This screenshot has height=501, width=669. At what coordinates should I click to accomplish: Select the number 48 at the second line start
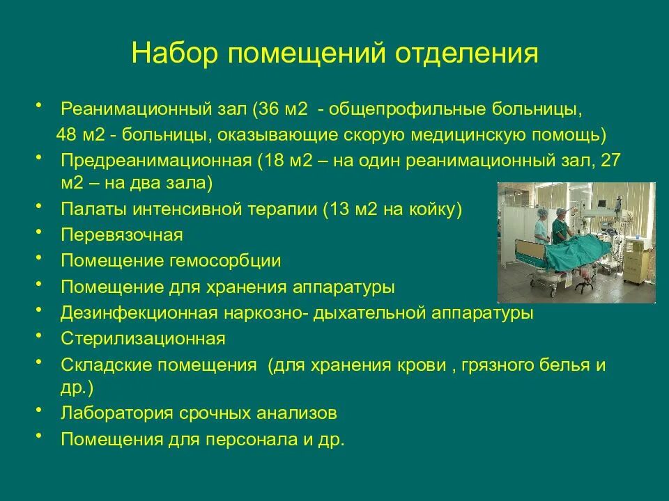(67, 134)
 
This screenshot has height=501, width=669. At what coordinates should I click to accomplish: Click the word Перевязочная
(122, 235)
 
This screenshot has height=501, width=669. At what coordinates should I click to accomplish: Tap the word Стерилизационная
(143, 339)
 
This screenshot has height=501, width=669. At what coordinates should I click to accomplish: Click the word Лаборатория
(116, 413)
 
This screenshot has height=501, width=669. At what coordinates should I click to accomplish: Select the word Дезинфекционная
(139, 313)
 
